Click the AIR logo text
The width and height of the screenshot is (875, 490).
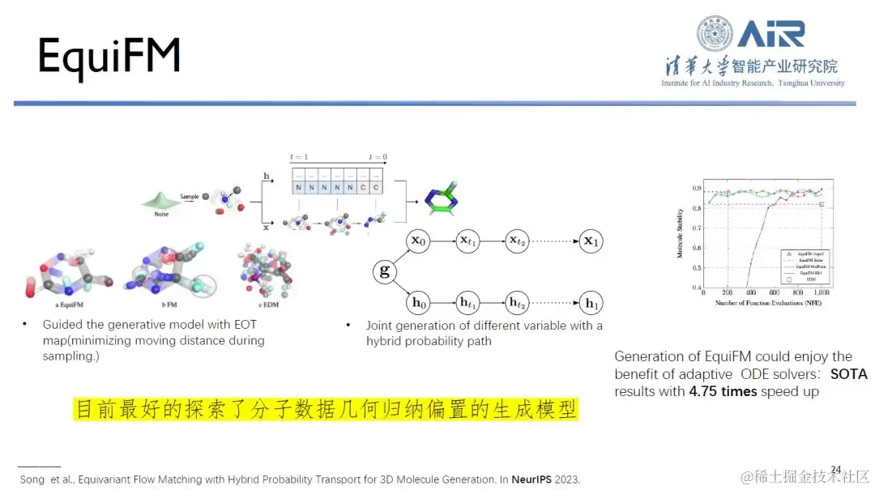coord(770,34)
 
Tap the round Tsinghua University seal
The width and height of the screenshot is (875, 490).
coord(715,34)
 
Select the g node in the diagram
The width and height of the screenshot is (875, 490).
coord(385,271)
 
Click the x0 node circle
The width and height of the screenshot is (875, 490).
coord(419,241)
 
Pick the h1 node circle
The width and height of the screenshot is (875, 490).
coord(591,304)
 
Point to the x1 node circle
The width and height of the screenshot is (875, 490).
coord(591,241)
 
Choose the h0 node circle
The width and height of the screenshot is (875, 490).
coord(419,304)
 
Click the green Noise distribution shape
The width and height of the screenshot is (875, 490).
coord(160,198)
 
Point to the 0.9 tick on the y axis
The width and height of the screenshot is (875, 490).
coord(697,189)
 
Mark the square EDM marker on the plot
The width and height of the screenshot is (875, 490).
coord(821,204)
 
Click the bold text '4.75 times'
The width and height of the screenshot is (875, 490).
coord(723,392)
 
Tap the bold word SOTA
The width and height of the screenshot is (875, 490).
coord(848,374)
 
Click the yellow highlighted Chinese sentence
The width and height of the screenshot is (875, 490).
coord(326,409)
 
